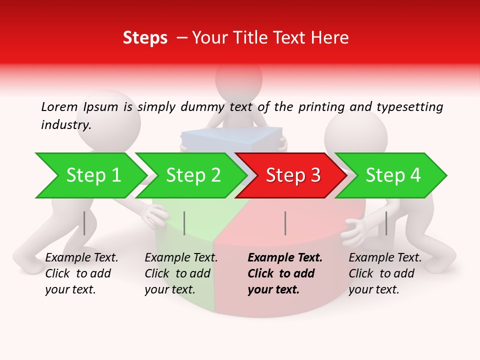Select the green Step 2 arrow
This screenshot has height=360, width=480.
192,175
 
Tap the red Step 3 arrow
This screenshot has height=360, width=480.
292,175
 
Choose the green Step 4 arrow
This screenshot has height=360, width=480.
392,175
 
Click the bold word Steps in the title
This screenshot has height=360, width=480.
145,38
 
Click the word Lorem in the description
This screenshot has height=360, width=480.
59,106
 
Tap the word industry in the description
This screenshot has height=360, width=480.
65,124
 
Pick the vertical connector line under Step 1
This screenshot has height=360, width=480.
84,223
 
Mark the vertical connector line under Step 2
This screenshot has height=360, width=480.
184,223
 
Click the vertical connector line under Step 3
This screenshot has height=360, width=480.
285,223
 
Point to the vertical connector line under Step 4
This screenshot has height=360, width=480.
386,223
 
